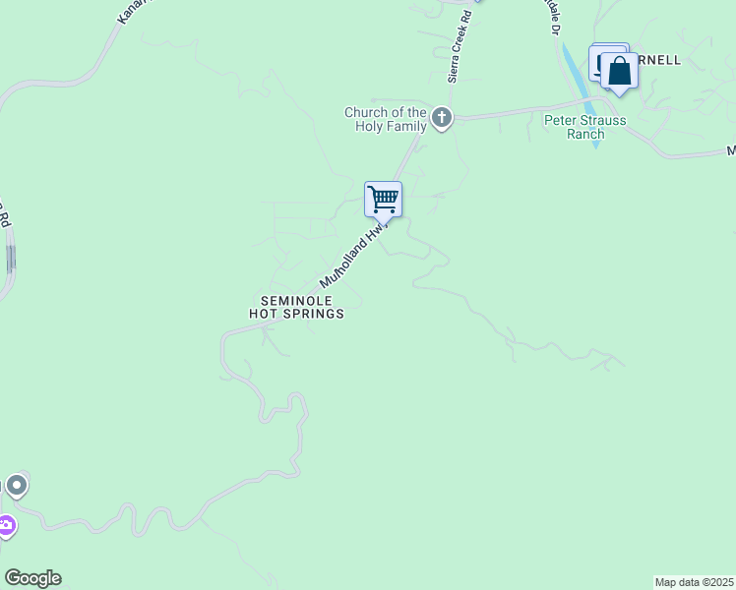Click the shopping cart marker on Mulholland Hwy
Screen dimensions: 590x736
tap(383, 199)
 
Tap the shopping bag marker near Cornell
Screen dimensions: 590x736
tap(619, 72)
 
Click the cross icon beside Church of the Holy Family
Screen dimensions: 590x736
tap(442, 119)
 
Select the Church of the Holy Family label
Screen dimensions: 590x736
tap(386, 119)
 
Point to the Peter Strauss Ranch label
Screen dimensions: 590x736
tap(584, 127)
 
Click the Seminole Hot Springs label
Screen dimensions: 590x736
tap(296, 307)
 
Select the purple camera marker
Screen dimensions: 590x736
tap(6, 527)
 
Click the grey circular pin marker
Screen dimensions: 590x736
tap(16, 486)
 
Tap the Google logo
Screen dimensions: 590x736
tap(32, 578)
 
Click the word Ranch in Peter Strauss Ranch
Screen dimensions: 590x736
tap(584, 134)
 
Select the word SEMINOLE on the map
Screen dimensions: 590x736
tap(296, 300)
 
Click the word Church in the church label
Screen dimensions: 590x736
tap(366, 112)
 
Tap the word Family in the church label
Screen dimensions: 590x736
tap(406, 126)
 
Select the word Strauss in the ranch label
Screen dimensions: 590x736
tap(599, 120)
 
